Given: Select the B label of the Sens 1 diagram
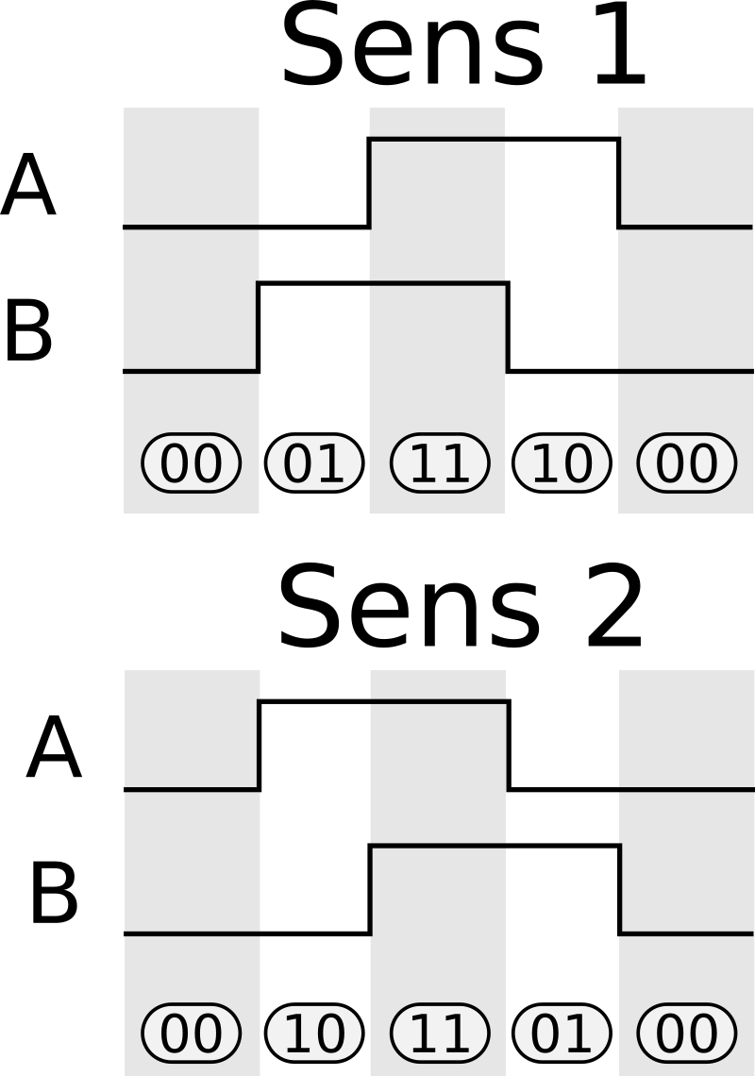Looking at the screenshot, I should pos(28,330).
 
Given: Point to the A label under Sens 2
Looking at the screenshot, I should pos(53,749).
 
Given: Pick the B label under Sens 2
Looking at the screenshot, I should pos(53,893).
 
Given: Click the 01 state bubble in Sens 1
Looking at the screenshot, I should pos(314,463).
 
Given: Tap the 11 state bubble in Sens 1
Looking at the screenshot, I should pos(439,463).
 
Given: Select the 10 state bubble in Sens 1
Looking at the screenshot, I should pos(562,463).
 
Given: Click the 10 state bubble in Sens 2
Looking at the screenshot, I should pos(314,1034).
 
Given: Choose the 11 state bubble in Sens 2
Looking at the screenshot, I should pos(439,1034).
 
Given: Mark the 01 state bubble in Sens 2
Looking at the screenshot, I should pos(562,1034).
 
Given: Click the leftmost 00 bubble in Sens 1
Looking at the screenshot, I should pos(191,463).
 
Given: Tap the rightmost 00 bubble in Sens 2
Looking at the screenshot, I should pos(686,1034).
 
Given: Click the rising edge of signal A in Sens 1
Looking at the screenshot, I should pos(369,183).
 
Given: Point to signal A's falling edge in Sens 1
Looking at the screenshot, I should pos(619,183).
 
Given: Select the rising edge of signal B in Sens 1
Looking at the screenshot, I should pos(259,327).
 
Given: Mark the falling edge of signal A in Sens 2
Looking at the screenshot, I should pos(509,745).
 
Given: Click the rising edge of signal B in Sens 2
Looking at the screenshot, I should pos(370,889).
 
